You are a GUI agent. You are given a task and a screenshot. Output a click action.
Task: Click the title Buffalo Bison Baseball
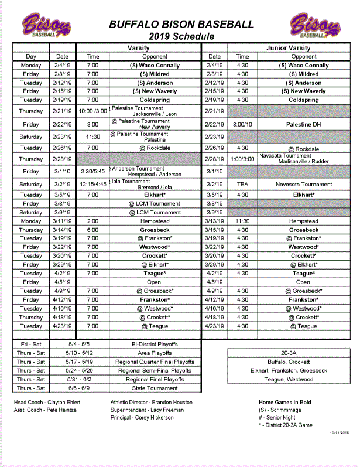pos(181,25)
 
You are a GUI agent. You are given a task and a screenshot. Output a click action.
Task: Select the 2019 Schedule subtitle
pos(181,36)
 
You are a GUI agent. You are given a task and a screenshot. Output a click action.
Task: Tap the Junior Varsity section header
pos(288,48)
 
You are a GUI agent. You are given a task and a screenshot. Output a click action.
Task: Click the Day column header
pos(31,57)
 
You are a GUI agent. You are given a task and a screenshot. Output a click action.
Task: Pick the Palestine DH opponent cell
pos(304,125)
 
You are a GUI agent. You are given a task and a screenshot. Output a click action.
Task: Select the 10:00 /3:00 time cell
pos(93,111)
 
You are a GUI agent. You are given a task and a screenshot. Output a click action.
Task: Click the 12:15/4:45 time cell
pos(93,184)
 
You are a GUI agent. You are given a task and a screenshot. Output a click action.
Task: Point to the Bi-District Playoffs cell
pos(155,345)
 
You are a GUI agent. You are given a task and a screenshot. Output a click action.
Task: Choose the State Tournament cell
pos(155,388)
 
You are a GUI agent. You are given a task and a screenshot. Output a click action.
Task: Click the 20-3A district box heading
pos(288,353)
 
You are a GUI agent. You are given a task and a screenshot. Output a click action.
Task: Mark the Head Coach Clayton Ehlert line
pos(47,403)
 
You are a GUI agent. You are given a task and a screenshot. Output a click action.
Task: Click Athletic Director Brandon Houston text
pos(152,403)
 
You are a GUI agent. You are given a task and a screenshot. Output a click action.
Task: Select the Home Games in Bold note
pos(285,403)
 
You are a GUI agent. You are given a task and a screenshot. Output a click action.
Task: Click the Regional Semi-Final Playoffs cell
pos(155,371)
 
